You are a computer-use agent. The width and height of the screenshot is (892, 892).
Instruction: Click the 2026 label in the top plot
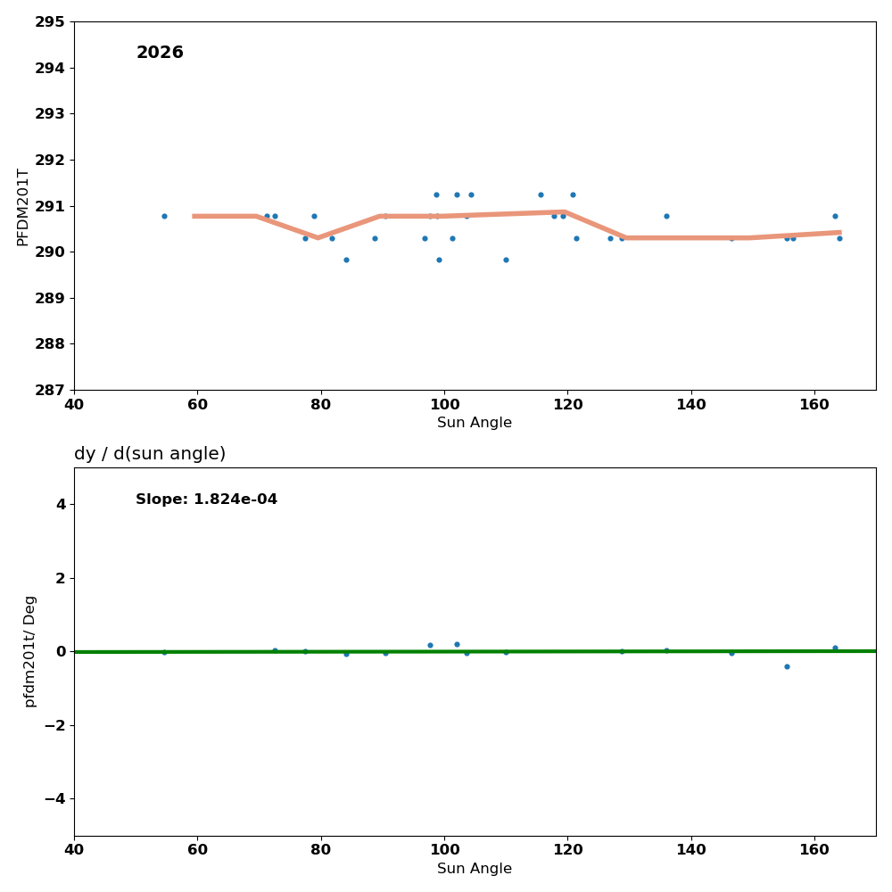click(x=160, y=54)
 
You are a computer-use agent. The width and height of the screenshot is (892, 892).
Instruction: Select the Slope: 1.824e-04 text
click(x=206, y=500)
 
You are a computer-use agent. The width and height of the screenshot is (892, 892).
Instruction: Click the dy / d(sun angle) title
click(x=150, y=454)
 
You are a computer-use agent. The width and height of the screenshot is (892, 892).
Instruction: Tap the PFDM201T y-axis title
click(x=23, y=206)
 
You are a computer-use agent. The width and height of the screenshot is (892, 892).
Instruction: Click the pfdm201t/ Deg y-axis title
click(x=29, y=651)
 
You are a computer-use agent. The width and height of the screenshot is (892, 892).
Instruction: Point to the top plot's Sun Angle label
click(x=475, y=423)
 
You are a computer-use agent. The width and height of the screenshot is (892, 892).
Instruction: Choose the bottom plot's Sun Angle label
click(x=475, y=869)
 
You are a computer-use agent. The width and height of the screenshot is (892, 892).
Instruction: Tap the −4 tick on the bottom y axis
click(x=55, y=798)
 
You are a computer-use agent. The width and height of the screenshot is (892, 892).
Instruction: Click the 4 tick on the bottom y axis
click(x=61, y=504)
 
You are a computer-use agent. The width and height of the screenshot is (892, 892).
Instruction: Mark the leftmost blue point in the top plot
click(x=164, y=216)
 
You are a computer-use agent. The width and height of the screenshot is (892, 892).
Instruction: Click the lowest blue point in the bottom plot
click(x=787, y=666)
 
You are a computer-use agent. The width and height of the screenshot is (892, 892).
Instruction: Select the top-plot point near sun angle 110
click(x=506, y=260)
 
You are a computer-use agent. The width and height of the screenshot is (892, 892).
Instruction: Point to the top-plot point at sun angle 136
click(x=666, y=216)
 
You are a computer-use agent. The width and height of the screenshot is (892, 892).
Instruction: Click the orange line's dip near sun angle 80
click(x=318, y=237)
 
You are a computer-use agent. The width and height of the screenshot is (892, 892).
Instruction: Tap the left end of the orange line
click(x=194, y=216)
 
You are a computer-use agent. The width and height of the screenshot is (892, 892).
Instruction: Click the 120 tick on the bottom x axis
click(x=567, y=850)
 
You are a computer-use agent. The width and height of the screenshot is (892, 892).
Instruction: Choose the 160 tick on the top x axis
click(x=814, y=404)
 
